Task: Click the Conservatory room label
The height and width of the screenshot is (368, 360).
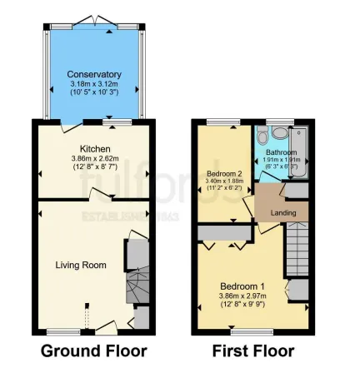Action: pos(94,74)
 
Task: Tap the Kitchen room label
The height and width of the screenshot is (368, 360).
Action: pos(95,149)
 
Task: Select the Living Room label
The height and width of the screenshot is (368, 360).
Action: pos(81,265)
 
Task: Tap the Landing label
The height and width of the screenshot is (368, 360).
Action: pos(284,213)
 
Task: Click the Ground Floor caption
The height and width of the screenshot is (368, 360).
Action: pos(93,351)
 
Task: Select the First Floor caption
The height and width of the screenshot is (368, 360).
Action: pos(252,351)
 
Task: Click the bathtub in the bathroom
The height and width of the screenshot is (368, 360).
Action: pos(298,152)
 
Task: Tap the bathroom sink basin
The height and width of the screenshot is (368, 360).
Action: pos(279,133)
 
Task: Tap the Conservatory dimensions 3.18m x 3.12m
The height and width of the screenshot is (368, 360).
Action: pos(94,83)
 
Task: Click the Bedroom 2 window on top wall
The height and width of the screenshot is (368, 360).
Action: pos(222,122)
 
